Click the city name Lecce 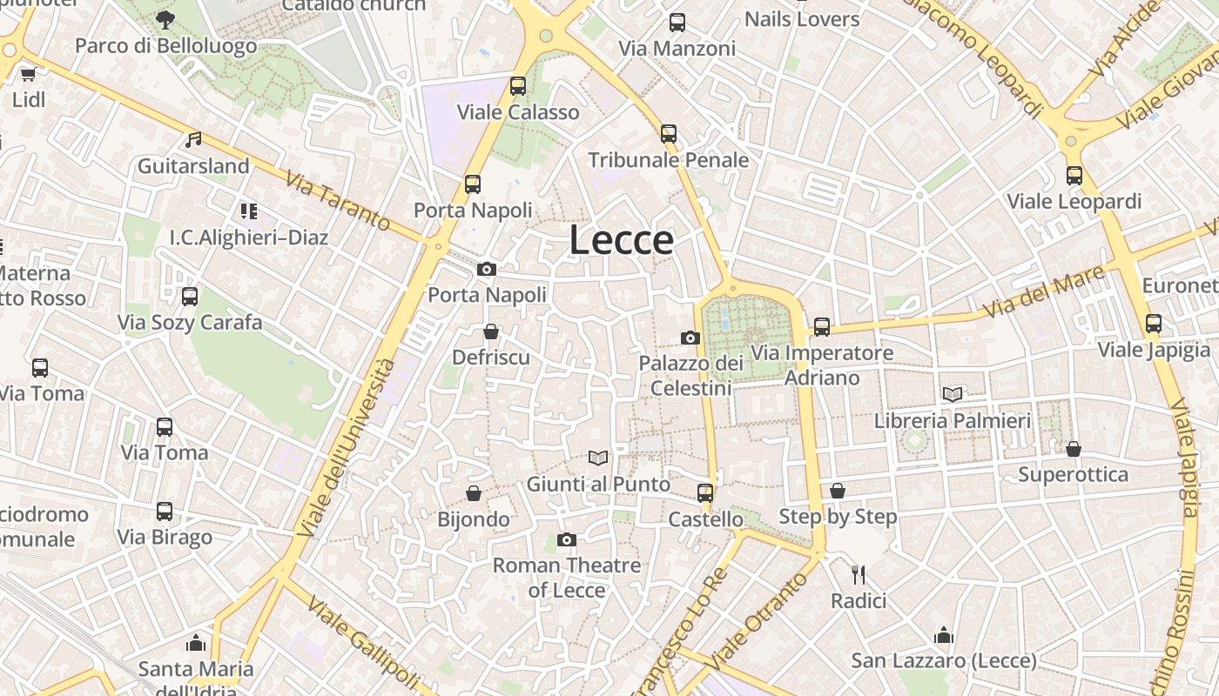[x=621, y=240]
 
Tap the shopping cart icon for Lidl [x=28, y=74]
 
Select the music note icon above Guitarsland [x=193, y=139]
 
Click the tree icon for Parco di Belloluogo [x=165, y=19]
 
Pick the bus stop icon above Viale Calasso [x=518, y=86]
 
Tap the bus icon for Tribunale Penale [x=669, y=134]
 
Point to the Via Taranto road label [x=338, y=202]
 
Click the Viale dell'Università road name [x=346, y=446]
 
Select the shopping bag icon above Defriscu [x=491, y=331]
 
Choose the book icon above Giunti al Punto [x=598, y=458]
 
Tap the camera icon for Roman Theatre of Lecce [x=567, y=539]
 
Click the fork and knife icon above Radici [x=859, y=574]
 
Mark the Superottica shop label [x=1073, y=475]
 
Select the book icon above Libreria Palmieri [x=953, y=394]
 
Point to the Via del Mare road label [x=1043, y=292]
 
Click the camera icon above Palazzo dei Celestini [x=690, y=338]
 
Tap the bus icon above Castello [x=705, y=493]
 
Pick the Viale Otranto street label [x=753, y=620]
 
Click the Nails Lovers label [x=802, y=19]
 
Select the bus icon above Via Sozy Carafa [x=190, y=297]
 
